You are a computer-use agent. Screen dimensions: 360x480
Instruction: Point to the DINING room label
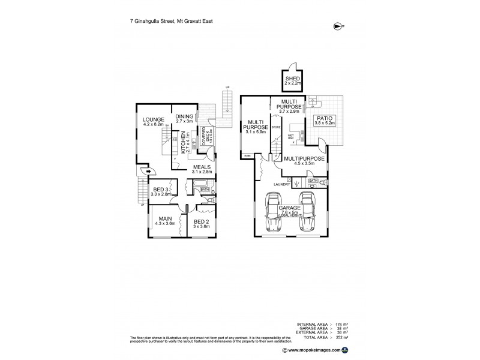click(184, 118)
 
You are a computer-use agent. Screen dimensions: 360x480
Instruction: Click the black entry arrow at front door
click(148, 171)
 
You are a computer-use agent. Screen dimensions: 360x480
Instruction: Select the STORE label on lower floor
click(276, 127)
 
